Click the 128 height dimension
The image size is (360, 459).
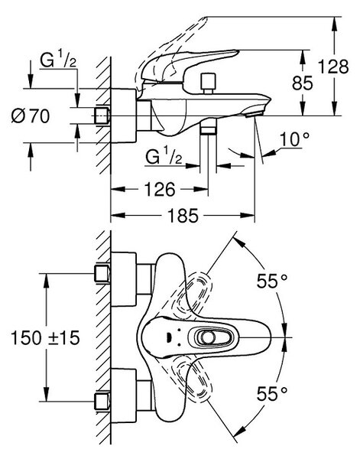333,67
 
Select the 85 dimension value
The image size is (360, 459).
303,83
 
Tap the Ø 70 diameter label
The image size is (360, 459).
31,116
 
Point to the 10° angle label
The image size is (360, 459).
294,139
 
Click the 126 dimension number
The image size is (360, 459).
160,190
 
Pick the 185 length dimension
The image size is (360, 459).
183,216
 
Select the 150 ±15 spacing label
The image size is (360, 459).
45,338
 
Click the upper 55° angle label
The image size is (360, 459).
271,281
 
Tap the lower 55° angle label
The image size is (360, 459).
271,394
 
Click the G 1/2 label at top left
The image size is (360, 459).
57,60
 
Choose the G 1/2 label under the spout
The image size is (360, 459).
164,157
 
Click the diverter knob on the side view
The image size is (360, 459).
208,83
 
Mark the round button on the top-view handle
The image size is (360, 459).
209,337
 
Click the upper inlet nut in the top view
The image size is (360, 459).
102,273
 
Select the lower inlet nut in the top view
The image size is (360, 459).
102,402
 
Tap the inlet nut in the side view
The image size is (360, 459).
102,116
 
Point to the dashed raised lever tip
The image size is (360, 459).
203,20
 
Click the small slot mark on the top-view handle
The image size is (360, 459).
170,337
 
